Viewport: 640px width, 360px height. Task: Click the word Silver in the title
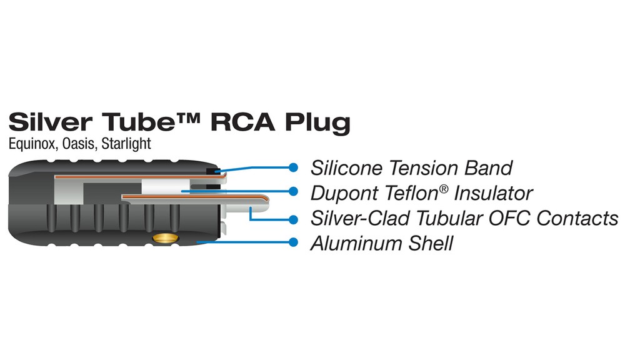pos(50,122)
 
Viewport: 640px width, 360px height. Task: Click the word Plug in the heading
pos(317,123)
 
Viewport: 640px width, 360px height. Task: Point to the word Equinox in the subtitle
pos(32,144)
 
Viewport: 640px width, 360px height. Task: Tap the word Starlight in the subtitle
pos(126,144)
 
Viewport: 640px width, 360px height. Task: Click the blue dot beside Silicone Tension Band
pos(293,167)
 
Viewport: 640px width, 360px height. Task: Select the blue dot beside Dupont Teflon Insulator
pos(293,191)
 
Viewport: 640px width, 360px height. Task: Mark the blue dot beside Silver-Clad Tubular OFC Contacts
pos(293,219)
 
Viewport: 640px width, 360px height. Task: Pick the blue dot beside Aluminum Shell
pos(293,242)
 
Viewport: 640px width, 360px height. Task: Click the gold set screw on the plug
pos(165,238)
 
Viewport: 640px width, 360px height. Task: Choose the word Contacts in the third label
pos(577,218)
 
